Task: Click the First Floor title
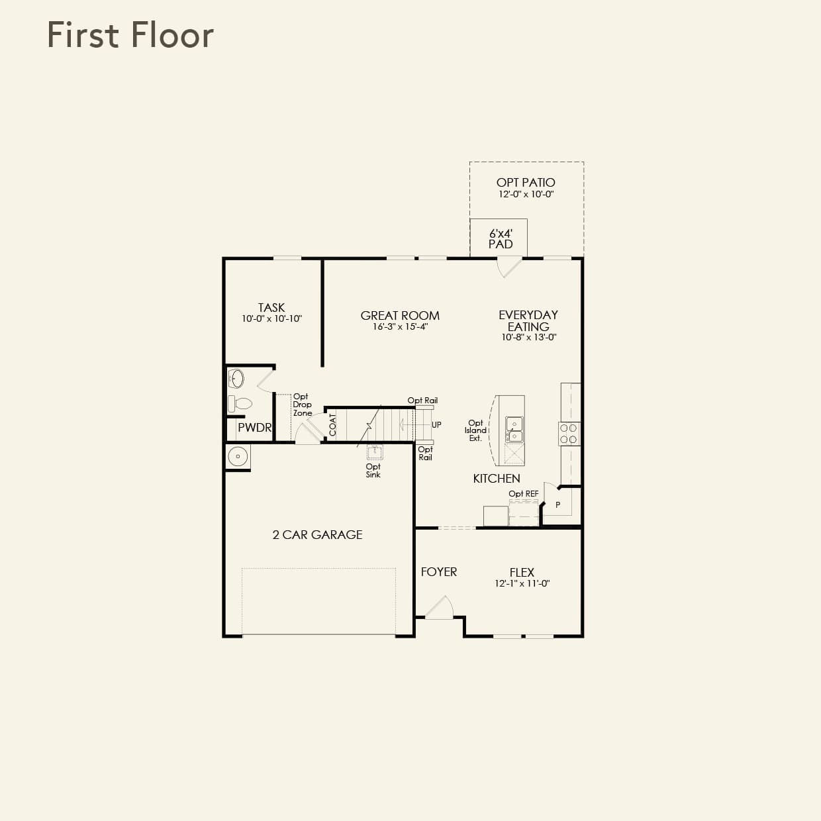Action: click(x=130, y=35)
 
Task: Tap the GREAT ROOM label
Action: click(x=400, y=316)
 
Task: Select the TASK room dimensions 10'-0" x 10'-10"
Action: click(x=271, y=318)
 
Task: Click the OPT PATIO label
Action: click(x=526, y=182)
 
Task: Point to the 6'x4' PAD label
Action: click(x=501, y=239)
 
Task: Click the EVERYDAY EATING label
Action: click(x=528, y=320)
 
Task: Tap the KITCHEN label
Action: click(x=497, y=478)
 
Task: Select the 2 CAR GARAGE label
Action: click(x=317, y=534)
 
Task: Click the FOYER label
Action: click(x=439, y=571)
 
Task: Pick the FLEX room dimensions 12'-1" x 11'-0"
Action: click(x=522, y=583)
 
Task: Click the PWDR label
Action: click(x=255, y=428)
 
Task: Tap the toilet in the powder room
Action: click(x=240, y=403)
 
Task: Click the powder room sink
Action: click(x=236, y=379)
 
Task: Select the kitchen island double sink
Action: click(x=514, y=430)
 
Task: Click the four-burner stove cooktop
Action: click(x=569, y=434)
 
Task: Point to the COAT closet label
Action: click(x=333, y=425)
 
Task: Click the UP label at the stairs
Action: click(x=436, y=424)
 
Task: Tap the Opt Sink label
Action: click(x=373, y=471)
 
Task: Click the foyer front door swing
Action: click(x=440, y=607)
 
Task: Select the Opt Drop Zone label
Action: click(x=302, y=405)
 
